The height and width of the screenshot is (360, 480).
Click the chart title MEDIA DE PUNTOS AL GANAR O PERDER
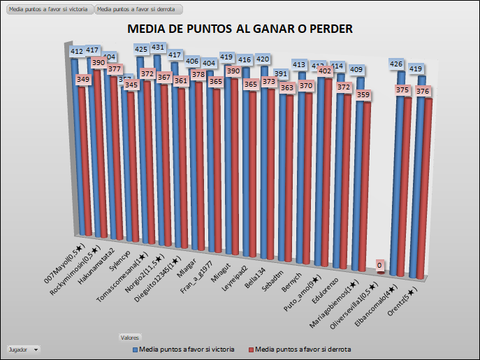(240, 29)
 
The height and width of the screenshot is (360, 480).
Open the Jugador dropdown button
(22, 349)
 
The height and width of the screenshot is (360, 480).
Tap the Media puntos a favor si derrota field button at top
(138, 10)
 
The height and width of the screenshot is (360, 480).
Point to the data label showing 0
(379, 266)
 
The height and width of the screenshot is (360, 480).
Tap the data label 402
(324, 71)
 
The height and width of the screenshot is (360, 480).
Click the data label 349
(82, 80)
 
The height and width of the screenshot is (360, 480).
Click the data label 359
(361, 94)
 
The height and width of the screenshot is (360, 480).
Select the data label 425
(141, 50)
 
